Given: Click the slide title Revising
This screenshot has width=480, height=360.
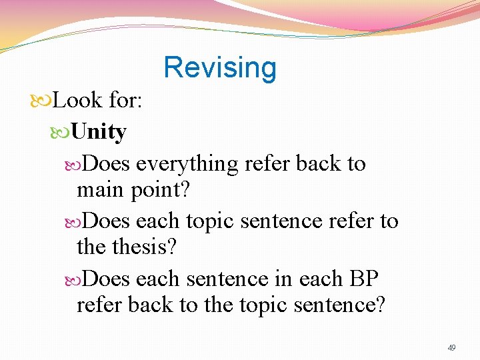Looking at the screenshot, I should click(x=219, y=67).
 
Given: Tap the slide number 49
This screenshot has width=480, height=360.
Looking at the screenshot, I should click(x=451, y=348).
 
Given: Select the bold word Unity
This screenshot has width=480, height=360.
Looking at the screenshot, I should click(x=98, y=132).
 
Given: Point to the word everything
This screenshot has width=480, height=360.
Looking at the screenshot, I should click(x=189, y=163).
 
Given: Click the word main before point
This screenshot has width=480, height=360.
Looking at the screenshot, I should click(x=101, y=190).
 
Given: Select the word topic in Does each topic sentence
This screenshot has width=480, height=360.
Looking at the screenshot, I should click(x=207, y=221).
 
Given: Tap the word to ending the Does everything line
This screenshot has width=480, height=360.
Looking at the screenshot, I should click(x=357, y=163).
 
